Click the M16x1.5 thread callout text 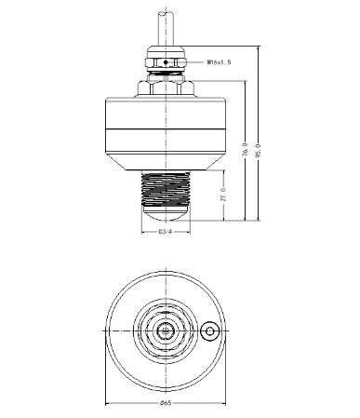click(x=220, y=62)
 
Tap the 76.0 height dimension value click(x=245, y=149)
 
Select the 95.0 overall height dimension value click(x=258, y=150)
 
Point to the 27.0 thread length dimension click(x=223, y=195)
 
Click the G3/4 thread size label click(x=165, y=232)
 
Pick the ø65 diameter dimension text click(x=166, y=403)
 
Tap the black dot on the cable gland click(x=166, y=62)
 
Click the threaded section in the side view click(x=166, y=188)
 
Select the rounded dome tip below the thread click(x=166, y=213)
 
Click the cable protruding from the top click(x=166, y=29)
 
